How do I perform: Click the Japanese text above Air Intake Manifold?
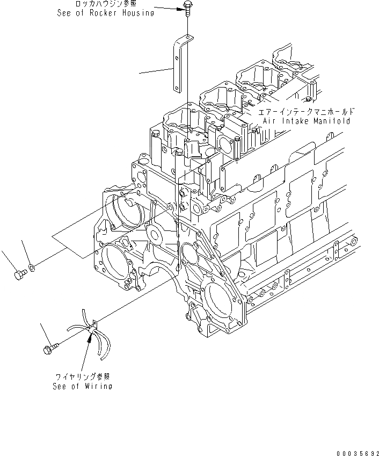click(306, 112)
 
